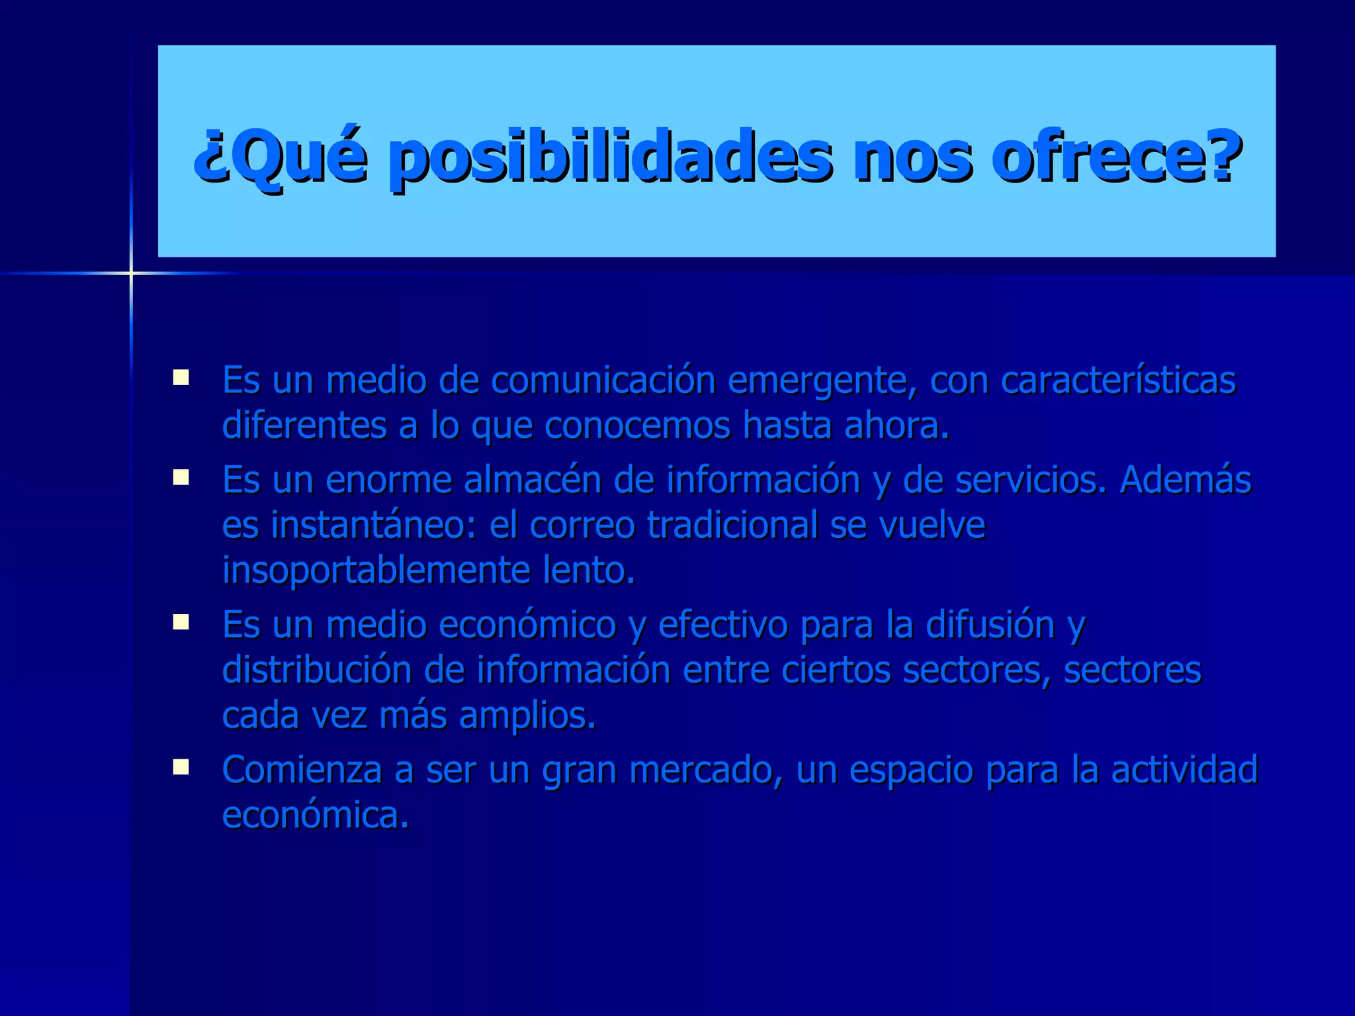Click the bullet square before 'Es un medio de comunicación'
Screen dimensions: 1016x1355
(181, 378)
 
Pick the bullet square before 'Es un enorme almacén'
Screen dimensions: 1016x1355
(181, 477)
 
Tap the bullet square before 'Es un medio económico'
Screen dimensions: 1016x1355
(181, 622)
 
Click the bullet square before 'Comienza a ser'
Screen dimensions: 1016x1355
(181, 767)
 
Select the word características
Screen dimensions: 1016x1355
(1118, 381)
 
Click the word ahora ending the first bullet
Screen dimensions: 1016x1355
(896, 426)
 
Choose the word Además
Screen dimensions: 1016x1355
(1185, 480)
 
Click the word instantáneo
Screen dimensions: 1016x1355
(372, 525)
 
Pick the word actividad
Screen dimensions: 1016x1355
(1184, 770)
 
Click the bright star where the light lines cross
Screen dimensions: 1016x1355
(131, 273)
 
